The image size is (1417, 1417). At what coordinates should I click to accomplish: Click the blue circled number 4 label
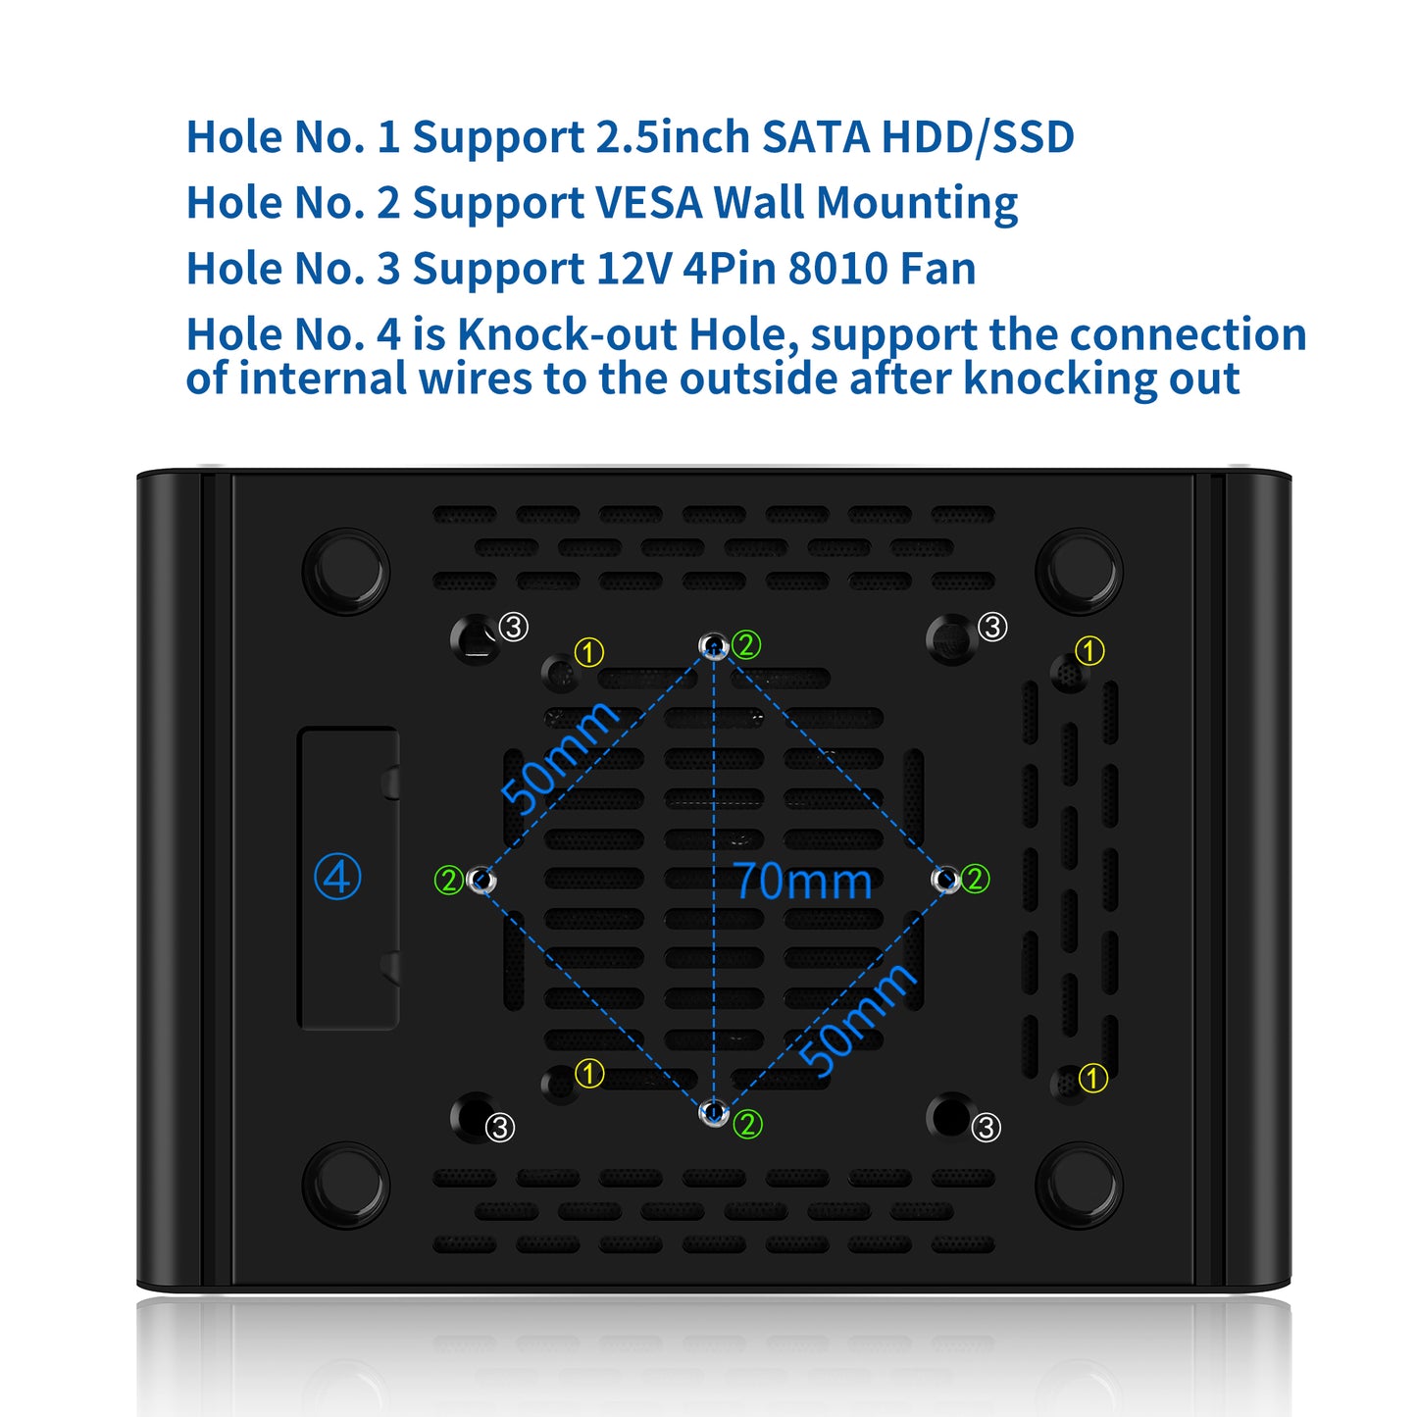pyautogui.click(x=337, y=876)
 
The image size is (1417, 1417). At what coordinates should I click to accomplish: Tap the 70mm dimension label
pyautogui.click(x=803, y=881)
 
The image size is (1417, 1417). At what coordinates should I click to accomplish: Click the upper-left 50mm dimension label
pyautogui.click(x=559, y=757)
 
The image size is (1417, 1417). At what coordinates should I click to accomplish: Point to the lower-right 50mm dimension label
pyautogui.click(x=857, y=1019)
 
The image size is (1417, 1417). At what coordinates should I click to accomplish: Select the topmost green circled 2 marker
pyautogui.click(x=745, y=644)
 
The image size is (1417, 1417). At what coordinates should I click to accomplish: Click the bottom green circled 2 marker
pyautogui.click(x=747, y=1125)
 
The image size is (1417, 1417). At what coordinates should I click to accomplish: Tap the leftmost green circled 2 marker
pyautogui.click(x=448, y=880)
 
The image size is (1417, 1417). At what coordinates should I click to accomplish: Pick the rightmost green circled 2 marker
pyautogui.click(x=975, y=878)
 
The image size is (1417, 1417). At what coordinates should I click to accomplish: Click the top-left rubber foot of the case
pyautogui.click(x=345, y=572)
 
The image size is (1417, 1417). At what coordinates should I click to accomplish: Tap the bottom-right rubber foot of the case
pyautogui.click(x=1079, y=1185)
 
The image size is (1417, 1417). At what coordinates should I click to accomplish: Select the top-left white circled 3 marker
pyautogui.click(x=513, y=627)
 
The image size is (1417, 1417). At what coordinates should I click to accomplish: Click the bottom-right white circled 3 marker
pyautogui.click(x=987, y=1128)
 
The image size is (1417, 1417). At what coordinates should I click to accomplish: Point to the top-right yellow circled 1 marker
pyautogui.click(x=1089, y=650)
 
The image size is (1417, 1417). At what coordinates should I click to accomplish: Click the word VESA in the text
pyautogui.click(x=648, y=202)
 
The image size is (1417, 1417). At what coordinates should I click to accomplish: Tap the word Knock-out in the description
pyautogui.click(x=566, y=333)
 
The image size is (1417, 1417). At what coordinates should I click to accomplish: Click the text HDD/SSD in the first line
pyautogui.click(x=978, y=137)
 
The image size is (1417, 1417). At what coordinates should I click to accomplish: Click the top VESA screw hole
pyautogui.click(x=713, y=645)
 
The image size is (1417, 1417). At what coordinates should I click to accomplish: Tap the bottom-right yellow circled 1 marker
pyautogui.click(x=1092, y=1079)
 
